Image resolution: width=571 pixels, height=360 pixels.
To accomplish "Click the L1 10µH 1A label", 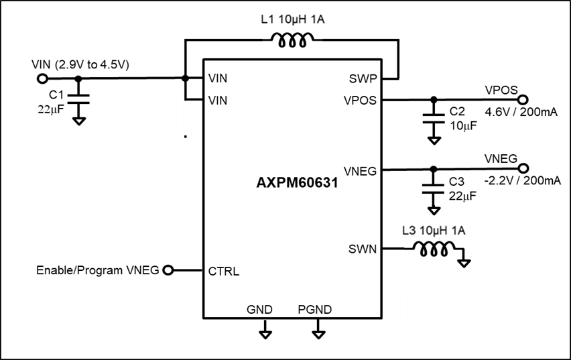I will (x=293, y=20).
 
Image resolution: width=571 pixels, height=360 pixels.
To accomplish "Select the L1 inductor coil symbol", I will (x=293, y=42).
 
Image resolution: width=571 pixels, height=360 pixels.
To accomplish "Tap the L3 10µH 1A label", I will (x=434, y=231).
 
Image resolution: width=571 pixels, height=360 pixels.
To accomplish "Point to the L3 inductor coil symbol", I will (x=434, y=251).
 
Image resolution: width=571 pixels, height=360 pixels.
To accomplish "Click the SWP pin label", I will (x=363, y=78).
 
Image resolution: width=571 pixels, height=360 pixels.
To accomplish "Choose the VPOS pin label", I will (x=360, y=101).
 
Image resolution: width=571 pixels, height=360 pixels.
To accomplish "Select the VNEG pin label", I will (x=360, y=172).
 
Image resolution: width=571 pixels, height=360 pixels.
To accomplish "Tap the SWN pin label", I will (x=362, y=249).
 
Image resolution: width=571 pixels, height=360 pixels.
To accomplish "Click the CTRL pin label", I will (x=224, y=272).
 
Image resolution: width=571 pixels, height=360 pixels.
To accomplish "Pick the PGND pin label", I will (x=314, y=310).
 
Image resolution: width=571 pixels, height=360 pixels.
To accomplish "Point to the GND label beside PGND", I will (x=259, y=310).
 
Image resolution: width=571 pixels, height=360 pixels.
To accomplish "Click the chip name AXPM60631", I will (x=297, y=182).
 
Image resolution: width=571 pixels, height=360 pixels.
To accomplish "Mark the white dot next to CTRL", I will (x=168, y=270).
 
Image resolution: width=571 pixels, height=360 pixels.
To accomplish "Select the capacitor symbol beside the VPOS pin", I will (x=434, y=119).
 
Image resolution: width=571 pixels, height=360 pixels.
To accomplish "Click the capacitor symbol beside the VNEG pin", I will (x=434, y=189).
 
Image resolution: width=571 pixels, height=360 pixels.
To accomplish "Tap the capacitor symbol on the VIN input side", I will (x=79, y=99).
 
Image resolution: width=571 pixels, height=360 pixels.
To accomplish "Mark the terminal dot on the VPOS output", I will (x=523, y=100).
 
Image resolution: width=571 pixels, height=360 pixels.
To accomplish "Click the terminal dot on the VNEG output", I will (x=523, y=168).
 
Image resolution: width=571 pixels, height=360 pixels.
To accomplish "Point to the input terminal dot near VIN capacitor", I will (x=42, y=78).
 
